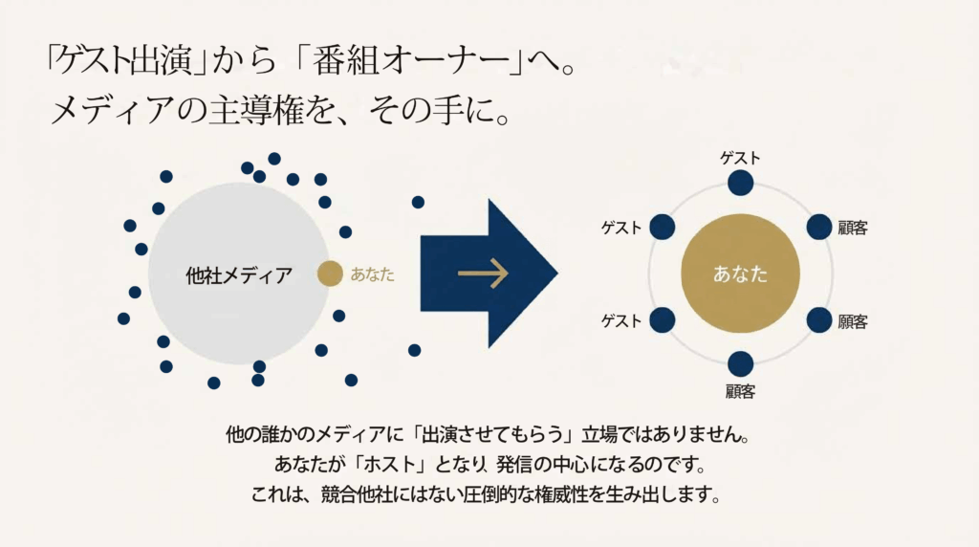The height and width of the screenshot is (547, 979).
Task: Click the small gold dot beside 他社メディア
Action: (329, 274)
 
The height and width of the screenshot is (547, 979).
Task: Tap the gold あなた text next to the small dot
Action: (372, 274)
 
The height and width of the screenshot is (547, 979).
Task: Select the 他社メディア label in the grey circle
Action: (239, 276)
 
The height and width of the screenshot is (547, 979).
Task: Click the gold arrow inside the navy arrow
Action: (483, 274)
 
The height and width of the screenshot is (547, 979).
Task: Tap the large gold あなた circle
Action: (740, 273)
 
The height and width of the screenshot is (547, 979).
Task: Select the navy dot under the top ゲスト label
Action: (740, 184)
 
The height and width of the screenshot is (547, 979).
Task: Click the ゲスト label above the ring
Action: (740, 158)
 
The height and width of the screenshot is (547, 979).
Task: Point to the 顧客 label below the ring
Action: (740, 390)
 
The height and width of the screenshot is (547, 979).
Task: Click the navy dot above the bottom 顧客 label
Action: (740, 364)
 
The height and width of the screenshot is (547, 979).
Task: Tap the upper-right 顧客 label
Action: (851, 228)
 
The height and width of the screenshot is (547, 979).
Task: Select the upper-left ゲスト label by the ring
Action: (621, 228)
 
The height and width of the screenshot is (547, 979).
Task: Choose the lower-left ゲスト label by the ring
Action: (621, 320)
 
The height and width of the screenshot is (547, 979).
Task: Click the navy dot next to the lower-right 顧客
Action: (819, 320)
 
